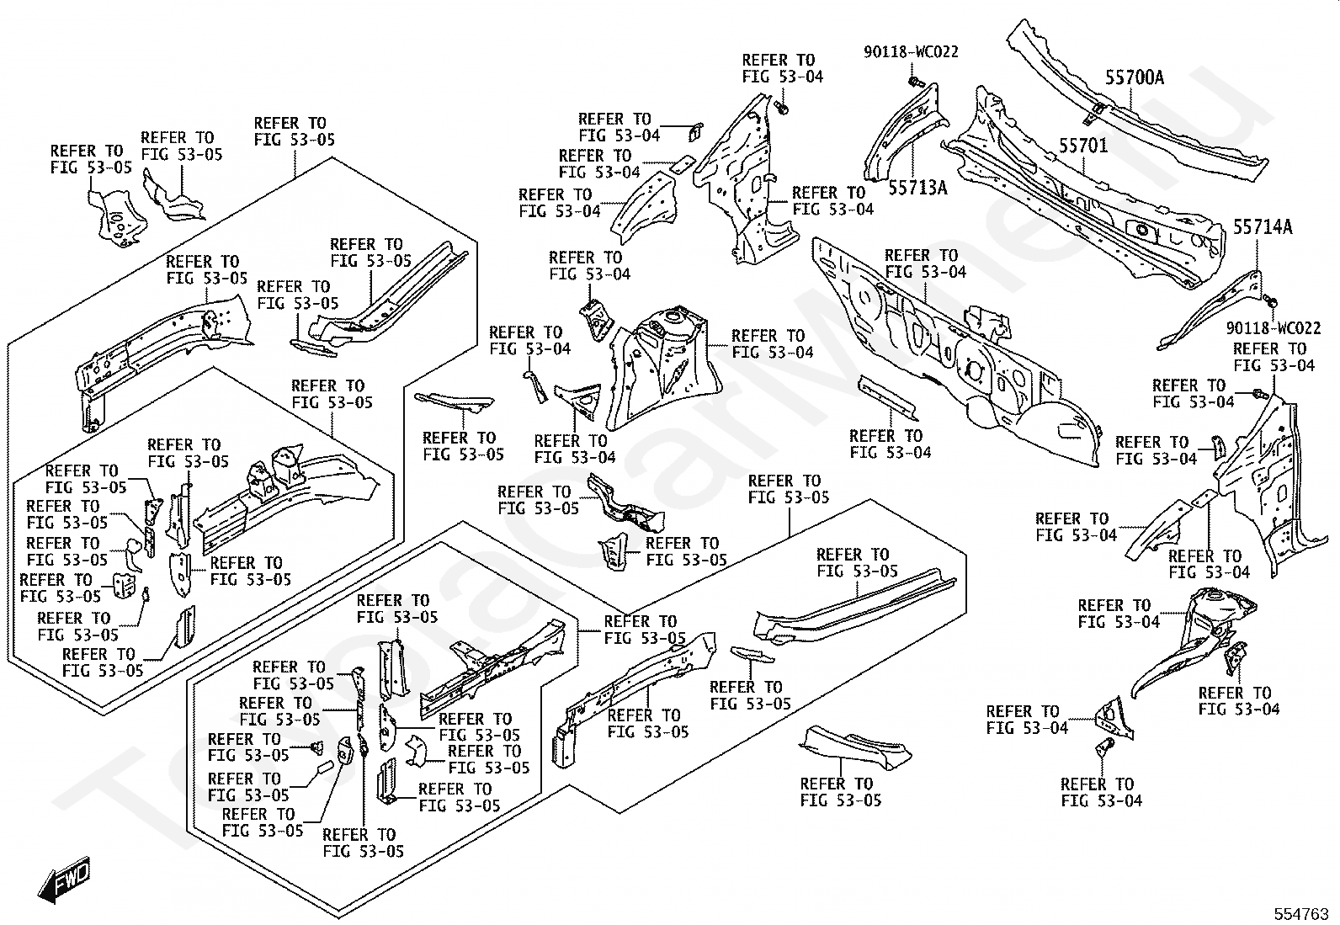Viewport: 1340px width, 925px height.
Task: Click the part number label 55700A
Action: click(x=1135, y=77)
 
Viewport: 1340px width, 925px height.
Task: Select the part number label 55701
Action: click(x=1083, y=146)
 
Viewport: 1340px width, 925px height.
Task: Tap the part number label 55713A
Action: click(x=917, y=188)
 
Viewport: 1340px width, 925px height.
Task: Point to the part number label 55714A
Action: click(x=1263, y=227)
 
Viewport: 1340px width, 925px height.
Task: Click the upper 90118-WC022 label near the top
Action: click(x=911, y=52)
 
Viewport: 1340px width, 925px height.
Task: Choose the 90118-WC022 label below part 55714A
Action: click(x=1273, y=328)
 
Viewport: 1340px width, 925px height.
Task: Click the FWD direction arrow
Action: click(x=64, y=879)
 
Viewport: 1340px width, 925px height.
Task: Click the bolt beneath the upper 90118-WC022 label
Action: click(x=914, y=82)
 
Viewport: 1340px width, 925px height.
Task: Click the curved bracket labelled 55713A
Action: click(x=905, y=132)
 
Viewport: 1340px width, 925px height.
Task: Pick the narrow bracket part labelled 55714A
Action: click(x=1210, y=311)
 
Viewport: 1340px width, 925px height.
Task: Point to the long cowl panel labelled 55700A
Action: click(x=1136, y=102)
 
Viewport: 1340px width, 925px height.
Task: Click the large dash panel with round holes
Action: click(x=957, y=353)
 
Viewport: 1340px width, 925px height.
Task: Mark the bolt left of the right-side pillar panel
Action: click(x=1260, y=394)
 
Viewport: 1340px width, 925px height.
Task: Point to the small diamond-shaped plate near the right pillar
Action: click(x=1204, y=497)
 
